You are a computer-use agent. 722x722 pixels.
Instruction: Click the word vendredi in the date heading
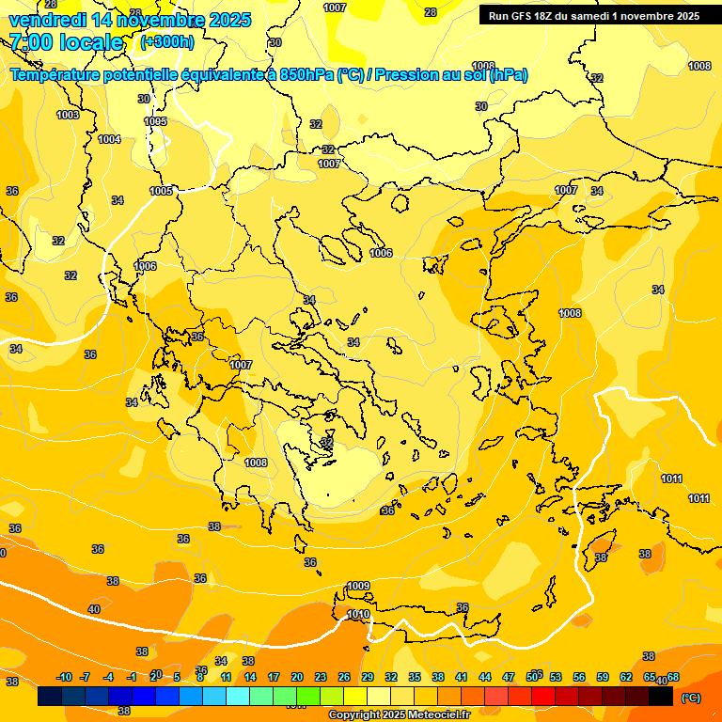(x=47, y=20)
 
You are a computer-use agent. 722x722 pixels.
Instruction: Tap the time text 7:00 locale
(x=65, y=42)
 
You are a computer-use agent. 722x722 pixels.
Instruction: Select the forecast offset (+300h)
(x=167, y=42)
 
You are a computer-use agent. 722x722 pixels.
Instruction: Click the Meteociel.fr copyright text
(x=400, y=715)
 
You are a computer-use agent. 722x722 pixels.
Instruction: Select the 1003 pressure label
(x=68, y=115)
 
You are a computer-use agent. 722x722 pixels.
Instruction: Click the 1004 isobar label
(x=109, y=139)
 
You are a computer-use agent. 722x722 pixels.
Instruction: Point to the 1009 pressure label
(x=358, y=586)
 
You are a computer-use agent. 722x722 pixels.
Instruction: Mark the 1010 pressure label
(x=358, y=614)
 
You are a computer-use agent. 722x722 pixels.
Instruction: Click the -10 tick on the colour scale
(x=64, y=677)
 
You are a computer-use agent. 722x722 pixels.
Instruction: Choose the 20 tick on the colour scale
(x=297, y=677)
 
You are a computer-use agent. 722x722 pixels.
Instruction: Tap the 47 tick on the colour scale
(x=509, y=677)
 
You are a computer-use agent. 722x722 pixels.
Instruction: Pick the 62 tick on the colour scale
(x=626, y=677)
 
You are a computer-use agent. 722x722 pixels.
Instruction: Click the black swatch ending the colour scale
(x=661, y=697)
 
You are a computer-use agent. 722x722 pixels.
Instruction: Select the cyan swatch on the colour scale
(x=238, y=697)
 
